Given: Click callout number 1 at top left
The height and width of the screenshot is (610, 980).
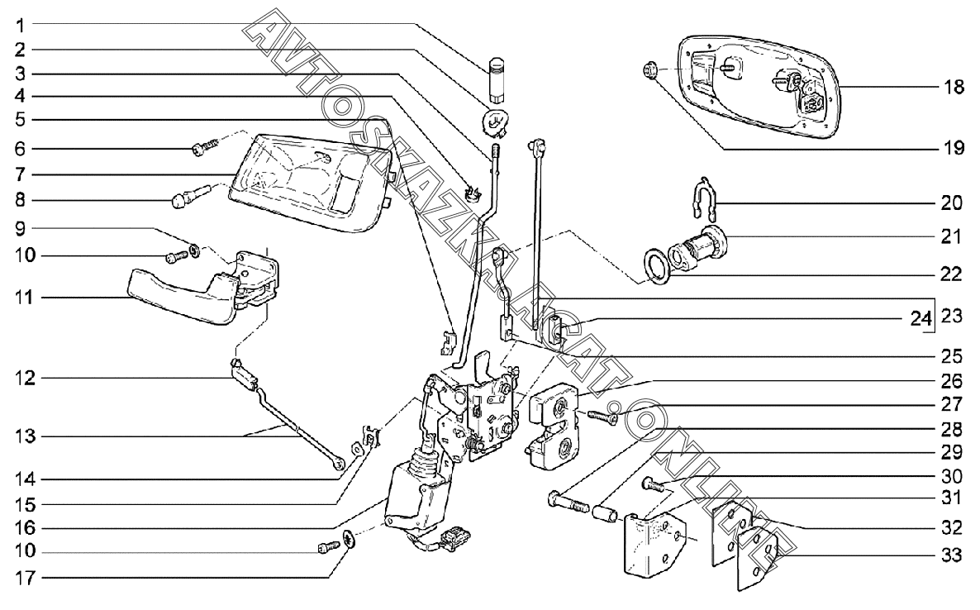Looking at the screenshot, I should coord(16,23).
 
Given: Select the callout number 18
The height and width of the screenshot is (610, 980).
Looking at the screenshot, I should coord(954,87).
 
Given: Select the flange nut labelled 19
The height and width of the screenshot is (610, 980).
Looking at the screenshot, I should coord(649,72).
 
